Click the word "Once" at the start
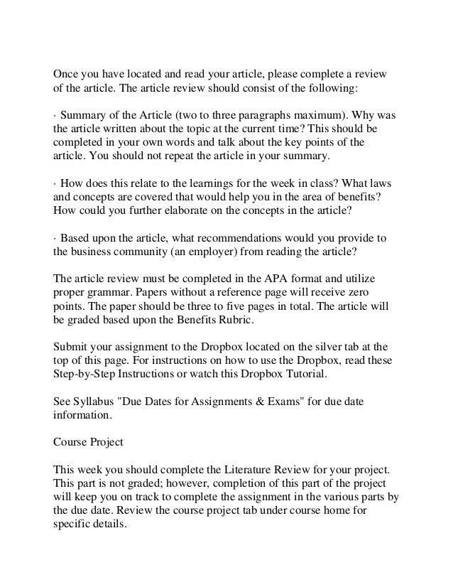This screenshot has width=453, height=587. [x=67, y=75]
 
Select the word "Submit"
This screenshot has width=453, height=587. [x=72, y=348]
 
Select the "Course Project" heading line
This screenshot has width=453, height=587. [x=89, y=441]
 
